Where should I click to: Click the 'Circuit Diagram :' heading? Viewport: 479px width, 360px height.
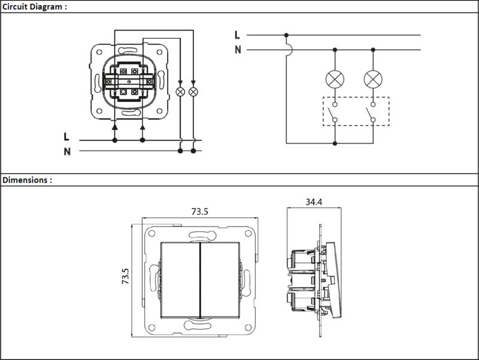(x=35, y=7)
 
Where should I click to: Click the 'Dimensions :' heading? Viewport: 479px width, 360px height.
(x=27, y=180)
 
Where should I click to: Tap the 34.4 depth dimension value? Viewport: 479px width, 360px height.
(x=314, y=202)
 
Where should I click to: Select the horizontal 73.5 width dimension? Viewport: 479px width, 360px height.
(x=200, y=211)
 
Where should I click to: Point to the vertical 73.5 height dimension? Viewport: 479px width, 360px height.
(x=126, y=276)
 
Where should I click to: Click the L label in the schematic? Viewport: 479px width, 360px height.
(x=237, y=35)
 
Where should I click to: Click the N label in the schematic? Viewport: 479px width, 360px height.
(x=238, y=50)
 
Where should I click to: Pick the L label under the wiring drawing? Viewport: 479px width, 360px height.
(x=66, y=137)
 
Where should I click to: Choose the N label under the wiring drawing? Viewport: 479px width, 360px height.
(x=67, y=152)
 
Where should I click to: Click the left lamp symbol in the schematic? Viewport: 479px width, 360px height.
(x=335, y=79)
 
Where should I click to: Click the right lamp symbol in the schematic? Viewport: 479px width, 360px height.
(x=373, y=79)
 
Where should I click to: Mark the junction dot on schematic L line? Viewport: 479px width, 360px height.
(x=286, y=35)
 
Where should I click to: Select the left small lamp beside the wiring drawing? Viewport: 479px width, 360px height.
(x=180, y=92)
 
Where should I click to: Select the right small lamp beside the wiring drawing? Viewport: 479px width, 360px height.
(x=193, y=92)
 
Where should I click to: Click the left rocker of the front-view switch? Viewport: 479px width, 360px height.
(x=180, y=280)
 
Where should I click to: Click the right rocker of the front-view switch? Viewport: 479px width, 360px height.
(x=220, y=280)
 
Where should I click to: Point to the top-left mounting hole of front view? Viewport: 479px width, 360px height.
(x=151, y=234)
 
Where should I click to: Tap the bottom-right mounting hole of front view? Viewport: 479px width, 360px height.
(x=248, y=328)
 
